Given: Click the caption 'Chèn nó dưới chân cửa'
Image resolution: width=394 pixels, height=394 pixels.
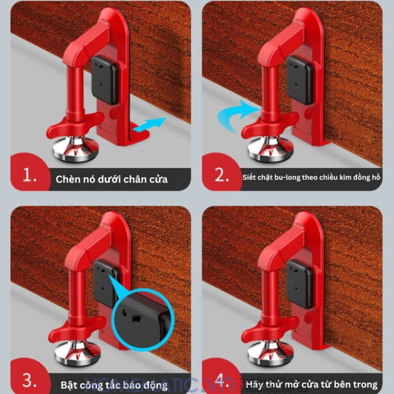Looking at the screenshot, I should [111, 179].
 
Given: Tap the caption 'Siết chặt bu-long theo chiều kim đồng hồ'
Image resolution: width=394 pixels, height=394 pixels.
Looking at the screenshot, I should [312, 177].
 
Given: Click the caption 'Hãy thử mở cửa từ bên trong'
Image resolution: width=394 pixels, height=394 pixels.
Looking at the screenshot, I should [312, 385].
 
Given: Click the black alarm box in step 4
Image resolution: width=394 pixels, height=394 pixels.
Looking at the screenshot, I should [300, 283].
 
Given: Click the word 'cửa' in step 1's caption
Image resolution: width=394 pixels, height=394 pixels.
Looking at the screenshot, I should [158, 179].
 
